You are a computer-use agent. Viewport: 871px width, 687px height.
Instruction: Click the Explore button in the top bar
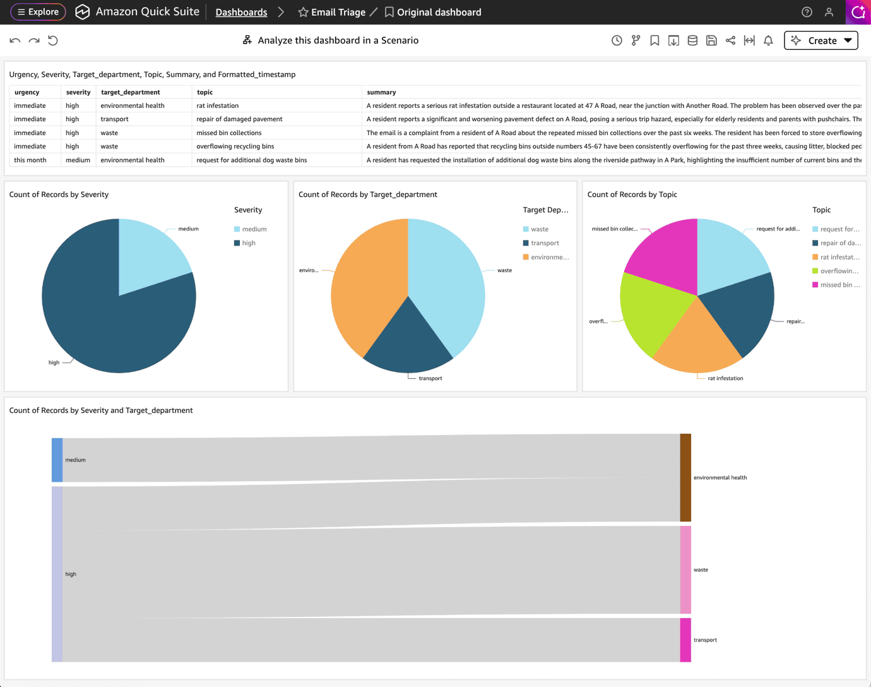38,12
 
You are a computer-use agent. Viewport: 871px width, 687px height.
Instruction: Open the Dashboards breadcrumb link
241,12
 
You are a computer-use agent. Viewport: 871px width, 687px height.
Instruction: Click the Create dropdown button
821,40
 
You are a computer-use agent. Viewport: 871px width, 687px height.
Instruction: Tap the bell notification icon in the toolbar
768,40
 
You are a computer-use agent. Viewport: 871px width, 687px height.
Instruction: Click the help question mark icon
807,12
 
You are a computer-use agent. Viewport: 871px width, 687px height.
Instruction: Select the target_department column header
130,92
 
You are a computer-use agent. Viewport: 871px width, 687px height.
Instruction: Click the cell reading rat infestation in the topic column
217,105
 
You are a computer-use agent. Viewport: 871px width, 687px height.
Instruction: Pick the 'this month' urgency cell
30,160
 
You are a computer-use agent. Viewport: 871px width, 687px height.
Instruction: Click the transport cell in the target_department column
114,119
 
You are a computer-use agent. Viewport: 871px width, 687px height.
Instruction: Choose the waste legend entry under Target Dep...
536,229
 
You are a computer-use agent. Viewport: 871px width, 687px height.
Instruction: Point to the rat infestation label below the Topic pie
725,378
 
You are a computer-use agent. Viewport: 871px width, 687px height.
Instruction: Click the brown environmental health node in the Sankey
685,477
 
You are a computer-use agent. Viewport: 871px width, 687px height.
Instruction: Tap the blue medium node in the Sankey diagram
57,460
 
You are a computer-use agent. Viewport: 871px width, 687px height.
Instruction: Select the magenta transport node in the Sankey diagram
685,640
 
